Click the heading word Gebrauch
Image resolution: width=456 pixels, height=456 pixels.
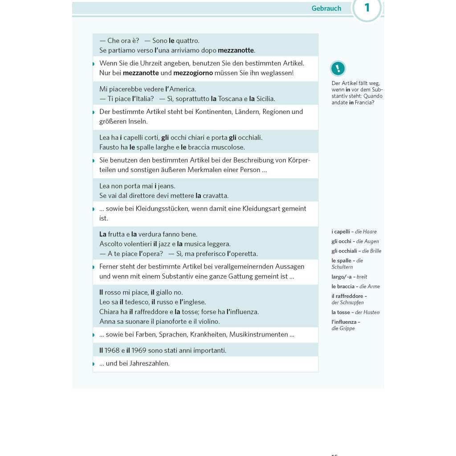point(326,8)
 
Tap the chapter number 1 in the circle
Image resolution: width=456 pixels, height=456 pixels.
point(367,8)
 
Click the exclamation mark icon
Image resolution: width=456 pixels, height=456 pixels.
point(338,69)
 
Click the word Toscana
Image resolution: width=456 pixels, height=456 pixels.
point(230,99)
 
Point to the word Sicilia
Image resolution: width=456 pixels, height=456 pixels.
point(265,99)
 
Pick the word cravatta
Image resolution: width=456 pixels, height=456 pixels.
point(216,195)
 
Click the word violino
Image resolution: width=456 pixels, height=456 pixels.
point(208,322)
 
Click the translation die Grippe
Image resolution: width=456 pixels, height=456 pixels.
point(343,329)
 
